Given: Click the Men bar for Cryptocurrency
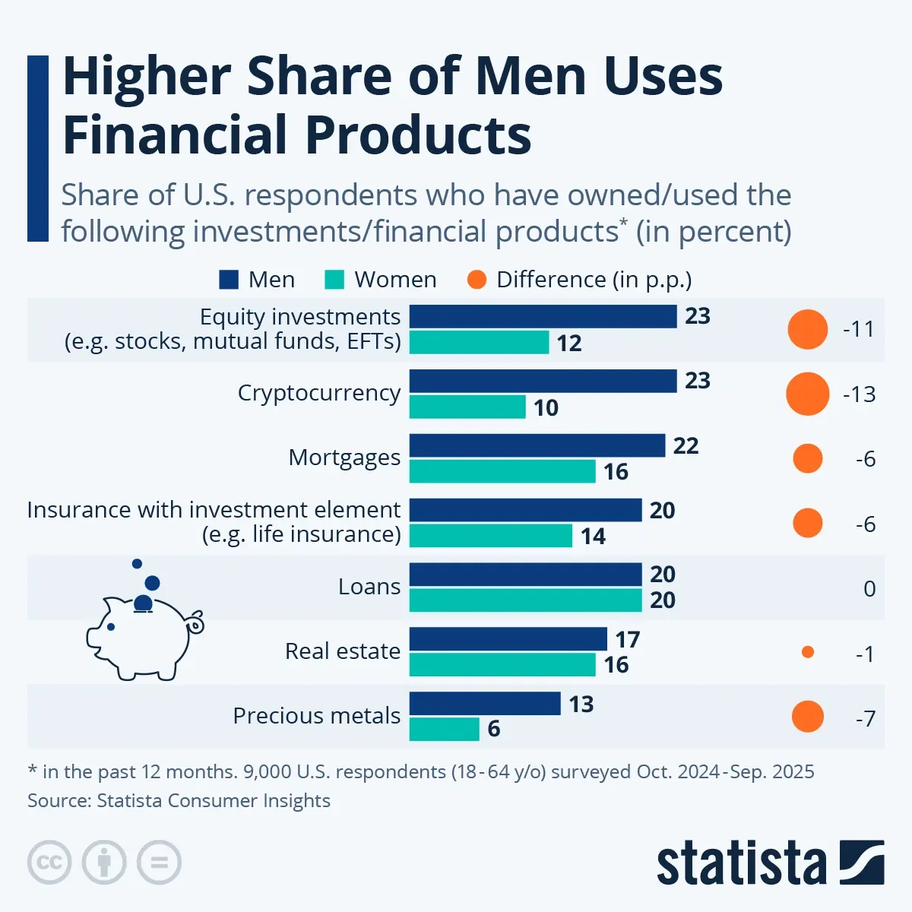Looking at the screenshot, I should tap(543, 381).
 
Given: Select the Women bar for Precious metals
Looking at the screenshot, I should tap(444, 729).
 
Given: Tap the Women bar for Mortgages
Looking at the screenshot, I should tap(502, 471).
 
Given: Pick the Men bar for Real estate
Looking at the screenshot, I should tap(508, 639).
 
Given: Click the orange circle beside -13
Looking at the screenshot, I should tap(807, 394).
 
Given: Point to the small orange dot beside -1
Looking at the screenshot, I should tap(808, 652).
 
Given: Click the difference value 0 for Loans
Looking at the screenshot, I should tap(869, 589).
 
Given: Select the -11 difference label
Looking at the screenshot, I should tap(859, 330).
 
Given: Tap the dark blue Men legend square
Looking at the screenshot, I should tap(229, 280).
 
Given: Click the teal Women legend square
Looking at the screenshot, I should tap(334, 280).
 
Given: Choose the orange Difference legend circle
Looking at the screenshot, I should tap(477, 280).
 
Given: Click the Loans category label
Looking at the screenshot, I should tap(369, 587).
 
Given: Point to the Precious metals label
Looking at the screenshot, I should tap(316, 716).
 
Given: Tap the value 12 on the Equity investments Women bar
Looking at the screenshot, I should tap(568, 344).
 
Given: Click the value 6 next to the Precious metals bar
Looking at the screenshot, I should tap(494, 729).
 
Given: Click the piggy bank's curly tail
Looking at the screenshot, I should tap(195, 623).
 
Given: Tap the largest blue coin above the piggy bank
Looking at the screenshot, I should tap(152, 583).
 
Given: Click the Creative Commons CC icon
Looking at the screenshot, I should tap(49, 863).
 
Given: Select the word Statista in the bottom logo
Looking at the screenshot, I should tap(741, 863).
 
